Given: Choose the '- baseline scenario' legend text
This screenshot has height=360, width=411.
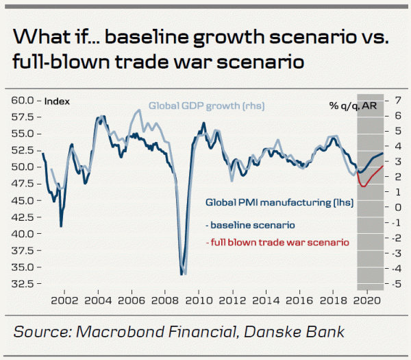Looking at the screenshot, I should coord(250,224).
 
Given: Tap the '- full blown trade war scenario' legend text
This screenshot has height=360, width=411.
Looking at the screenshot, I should coord(277,242).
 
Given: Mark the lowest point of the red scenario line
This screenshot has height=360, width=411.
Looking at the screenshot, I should coord(363,186).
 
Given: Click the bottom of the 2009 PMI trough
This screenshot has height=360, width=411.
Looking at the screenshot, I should coord(182,274).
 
